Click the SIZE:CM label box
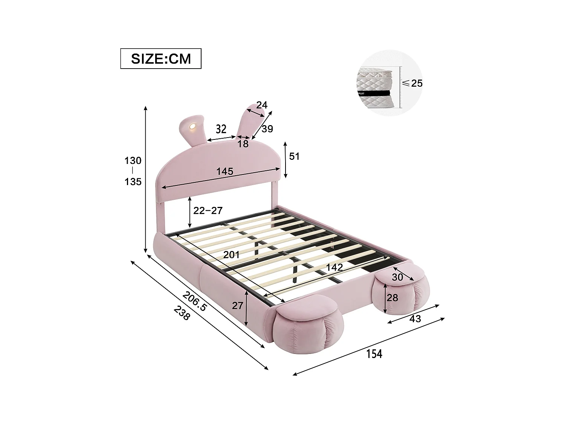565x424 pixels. click(161, 58)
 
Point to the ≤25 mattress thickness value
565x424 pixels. click(412, 83)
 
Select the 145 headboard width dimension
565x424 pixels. click(225, 171)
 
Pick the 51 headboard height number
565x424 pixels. click(294, 156)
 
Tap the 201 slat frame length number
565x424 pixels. click(231, 255)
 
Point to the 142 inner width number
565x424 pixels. click(334, 267)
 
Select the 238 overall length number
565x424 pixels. click(182, 312)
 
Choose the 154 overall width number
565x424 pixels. click(374, 354)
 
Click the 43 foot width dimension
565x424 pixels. click(415, 319)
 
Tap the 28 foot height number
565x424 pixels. click(392, 298)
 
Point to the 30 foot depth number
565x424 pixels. click(397, 277)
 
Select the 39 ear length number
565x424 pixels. click(267, 129)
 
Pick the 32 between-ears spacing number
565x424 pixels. click(221, 129)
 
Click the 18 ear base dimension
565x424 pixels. click(243, 144)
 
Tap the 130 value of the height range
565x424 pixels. click(133, 161)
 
